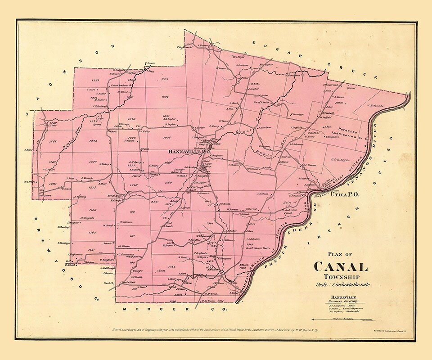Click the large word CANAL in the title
tap(341, 267)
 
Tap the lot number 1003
tap(164, 79)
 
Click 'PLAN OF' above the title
tap(340, 253)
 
